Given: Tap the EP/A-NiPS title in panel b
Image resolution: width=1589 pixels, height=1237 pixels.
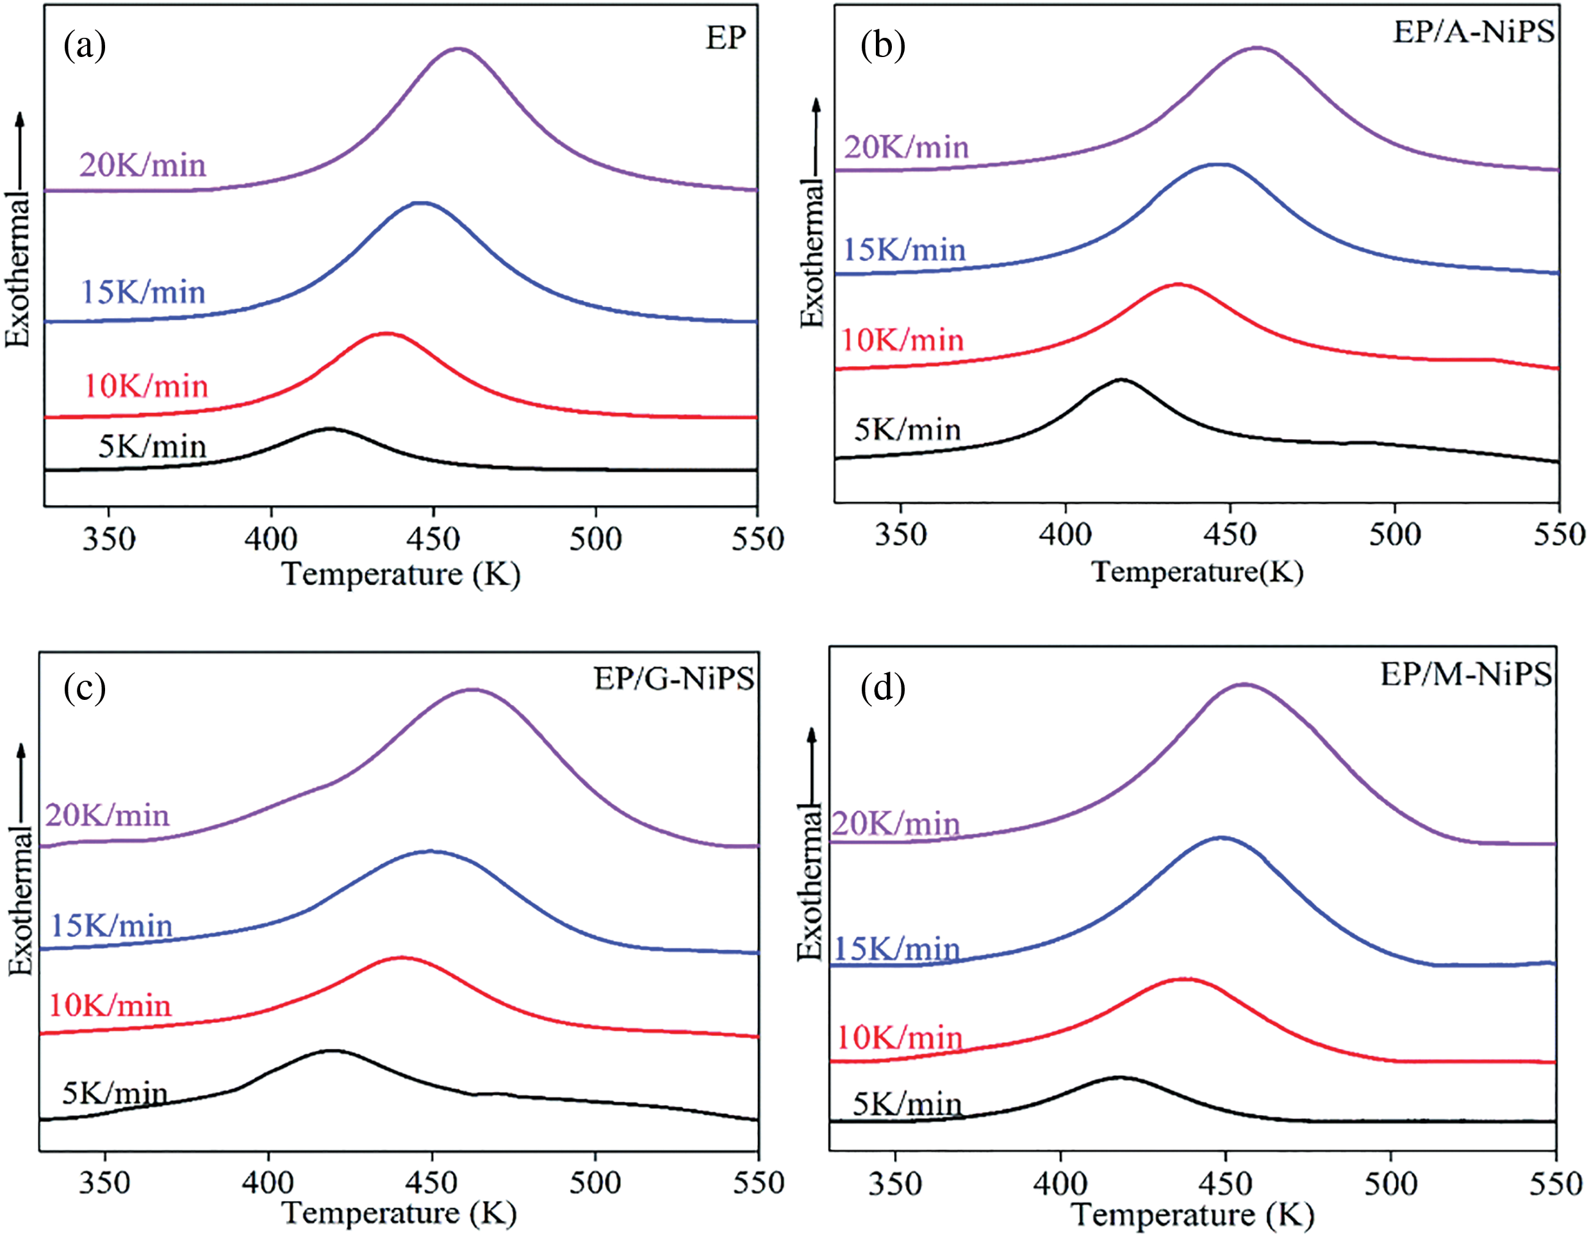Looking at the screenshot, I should (1473, 32).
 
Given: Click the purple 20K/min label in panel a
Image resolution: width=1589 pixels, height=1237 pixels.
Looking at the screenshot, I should (143, 166).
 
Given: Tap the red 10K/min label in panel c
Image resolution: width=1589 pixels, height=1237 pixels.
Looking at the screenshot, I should (110, 1006).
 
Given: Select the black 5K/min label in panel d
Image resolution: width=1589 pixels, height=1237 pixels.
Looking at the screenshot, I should (907, 1104).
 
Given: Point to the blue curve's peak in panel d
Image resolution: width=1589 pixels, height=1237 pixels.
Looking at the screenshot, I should (1221, 838).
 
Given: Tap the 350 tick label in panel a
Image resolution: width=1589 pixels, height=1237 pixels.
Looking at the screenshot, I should (108, 540).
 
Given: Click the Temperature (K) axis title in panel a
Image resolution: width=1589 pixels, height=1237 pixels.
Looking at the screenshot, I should (401, 574).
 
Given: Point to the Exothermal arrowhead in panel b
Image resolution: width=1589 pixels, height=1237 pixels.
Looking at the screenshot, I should (816, 106).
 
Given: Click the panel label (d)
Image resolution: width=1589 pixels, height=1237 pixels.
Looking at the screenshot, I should (882, 688).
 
